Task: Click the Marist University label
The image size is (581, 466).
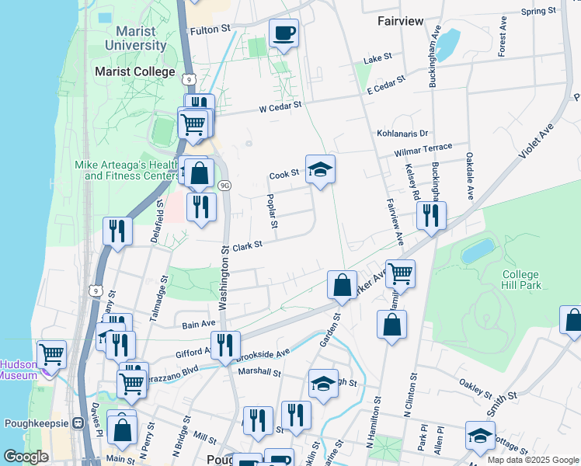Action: tap(141, 38)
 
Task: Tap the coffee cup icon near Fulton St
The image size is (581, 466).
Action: tap(284, 33)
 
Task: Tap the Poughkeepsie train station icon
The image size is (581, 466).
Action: tap(78, 423)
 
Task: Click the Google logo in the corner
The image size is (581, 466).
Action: tap(26, 457)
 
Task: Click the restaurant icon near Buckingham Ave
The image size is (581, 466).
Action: tap(430, 214)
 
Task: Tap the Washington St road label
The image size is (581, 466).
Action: tap(224, 280)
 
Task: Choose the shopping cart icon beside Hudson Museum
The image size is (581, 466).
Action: tap(51, 354)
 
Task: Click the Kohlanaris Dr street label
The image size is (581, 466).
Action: tap(402, 134)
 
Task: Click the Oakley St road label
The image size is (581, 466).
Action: tap(476, 387)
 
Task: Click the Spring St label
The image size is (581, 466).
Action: tap(538, 11)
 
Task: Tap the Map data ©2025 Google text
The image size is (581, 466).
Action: tap(532, 459)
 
